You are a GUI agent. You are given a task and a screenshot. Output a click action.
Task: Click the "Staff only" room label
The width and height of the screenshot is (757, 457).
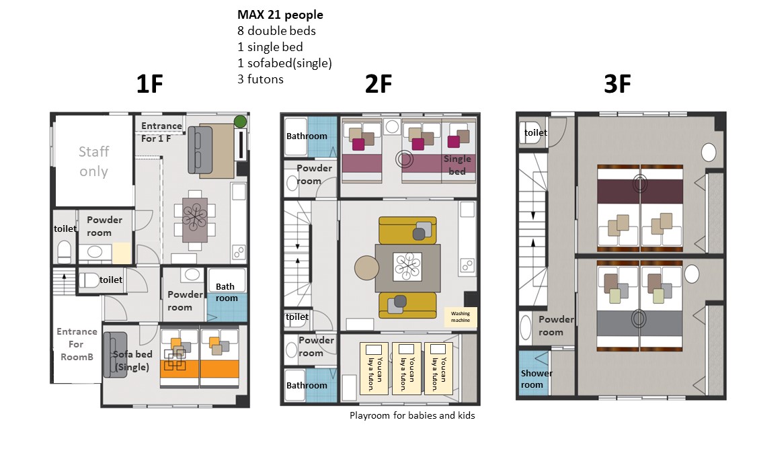pos(93,161)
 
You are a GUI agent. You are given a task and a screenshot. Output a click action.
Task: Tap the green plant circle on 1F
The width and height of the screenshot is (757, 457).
pos(241,121)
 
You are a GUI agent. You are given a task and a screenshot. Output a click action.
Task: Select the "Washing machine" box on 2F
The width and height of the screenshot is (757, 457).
pos(461,317)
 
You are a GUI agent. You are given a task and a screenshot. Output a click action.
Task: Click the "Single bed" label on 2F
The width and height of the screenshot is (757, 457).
pos(457,165)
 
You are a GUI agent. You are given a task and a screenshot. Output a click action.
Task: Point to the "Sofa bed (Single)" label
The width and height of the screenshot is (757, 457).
pos(132,360)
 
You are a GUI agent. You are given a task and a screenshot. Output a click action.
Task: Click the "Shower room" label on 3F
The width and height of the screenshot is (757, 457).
pos(536,379)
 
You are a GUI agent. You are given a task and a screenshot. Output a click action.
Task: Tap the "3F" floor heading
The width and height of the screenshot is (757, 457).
pos(617,84)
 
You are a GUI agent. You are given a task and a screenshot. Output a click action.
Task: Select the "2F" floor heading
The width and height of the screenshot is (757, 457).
pos(378,84)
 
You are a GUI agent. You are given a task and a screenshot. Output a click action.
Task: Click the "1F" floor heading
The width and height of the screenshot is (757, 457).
pos(150,84)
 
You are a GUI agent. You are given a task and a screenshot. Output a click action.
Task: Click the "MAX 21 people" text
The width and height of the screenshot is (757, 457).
pos(280,15)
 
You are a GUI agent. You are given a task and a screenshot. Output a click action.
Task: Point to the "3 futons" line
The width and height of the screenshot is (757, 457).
pos(260,79)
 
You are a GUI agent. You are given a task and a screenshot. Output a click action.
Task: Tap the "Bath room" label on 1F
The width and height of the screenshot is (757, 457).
pos(227,292)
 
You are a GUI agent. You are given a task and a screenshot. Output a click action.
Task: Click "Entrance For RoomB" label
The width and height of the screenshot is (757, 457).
pos(77,344)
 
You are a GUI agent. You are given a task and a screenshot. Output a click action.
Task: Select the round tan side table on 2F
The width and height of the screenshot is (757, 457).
pos(367,267)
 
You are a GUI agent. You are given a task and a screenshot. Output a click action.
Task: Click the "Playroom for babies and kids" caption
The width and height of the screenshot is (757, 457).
pos(412,415)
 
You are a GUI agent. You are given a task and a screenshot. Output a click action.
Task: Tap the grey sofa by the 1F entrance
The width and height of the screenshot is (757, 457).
pos(200,150)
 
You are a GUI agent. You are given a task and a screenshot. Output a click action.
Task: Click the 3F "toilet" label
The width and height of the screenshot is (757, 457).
pos(535,132)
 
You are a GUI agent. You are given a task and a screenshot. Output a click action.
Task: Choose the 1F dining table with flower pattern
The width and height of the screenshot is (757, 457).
pos(195,220)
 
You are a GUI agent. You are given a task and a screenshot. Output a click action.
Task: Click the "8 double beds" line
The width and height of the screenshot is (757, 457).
pos(276,31)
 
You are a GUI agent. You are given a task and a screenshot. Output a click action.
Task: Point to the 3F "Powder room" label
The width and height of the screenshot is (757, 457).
pos(556,326)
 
